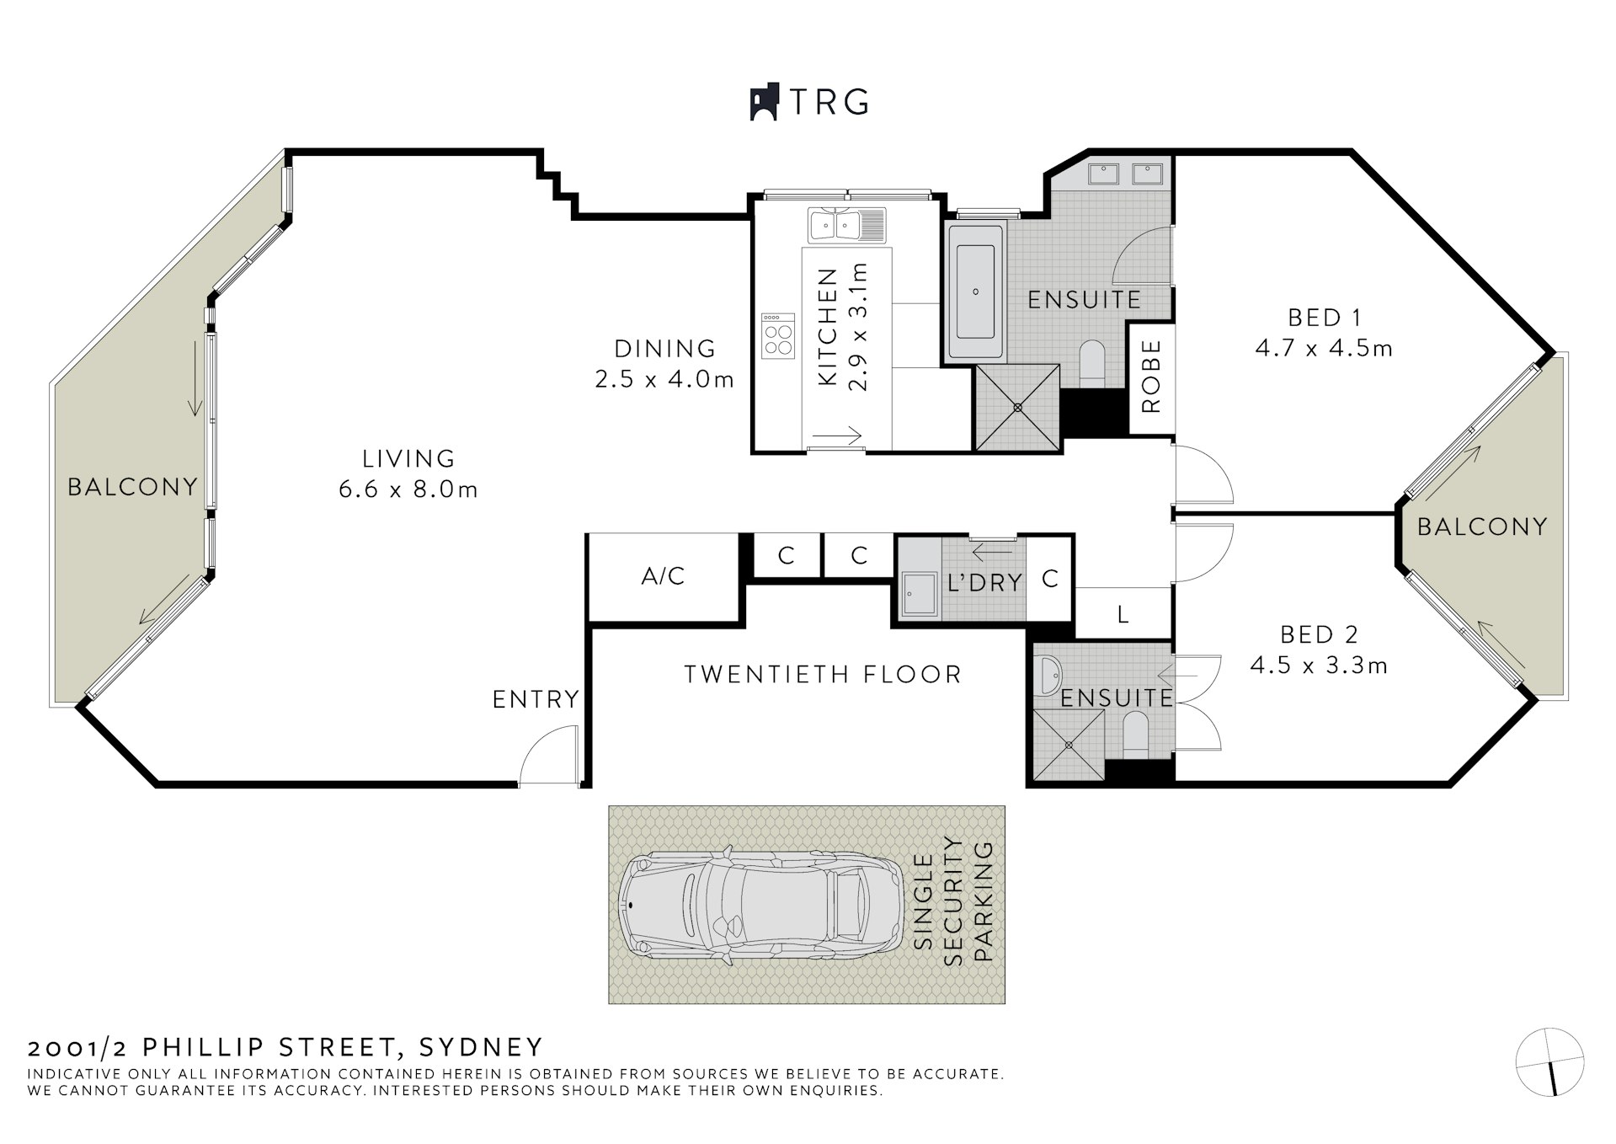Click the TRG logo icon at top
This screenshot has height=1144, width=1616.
763,102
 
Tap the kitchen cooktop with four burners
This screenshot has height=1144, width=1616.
777,336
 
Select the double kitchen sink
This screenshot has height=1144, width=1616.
846,226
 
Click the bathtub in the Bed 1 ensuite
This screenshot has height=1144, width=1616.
976,291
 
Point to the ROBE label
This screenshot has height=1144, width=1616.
1150,377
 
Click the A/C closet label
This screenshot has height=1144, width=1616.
664,577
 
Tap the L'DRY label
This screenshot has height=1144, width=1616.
984,582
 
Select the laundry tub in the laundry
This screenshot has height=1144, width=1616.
919,596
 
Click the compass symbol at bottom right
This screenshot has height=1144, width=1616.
1549,1062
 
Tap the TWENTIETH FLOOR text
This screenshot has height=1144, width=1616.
822,675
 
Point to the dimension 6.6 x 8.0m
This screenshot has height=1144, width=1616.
408,490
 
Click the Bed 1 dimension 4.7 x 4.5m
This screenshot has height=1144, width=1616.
1324,348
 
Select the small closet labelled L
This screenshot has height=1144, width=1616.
1123,615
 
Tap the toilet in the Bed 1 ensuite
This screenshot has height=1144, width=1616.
1092,361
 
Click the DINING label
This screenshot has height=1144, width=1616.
664,348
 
